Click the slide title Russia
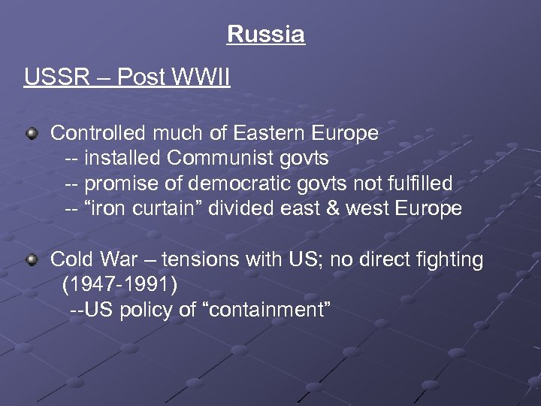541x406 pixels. point(265,35)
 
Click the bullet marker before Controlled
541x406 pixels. point(32,134)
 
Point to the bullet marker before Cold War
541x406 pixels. point(32,260)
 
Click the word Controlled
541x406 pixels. point(97,134)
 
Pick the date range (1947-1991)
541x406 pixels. point(121,285)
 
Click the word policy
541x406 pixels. point(144,310)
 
